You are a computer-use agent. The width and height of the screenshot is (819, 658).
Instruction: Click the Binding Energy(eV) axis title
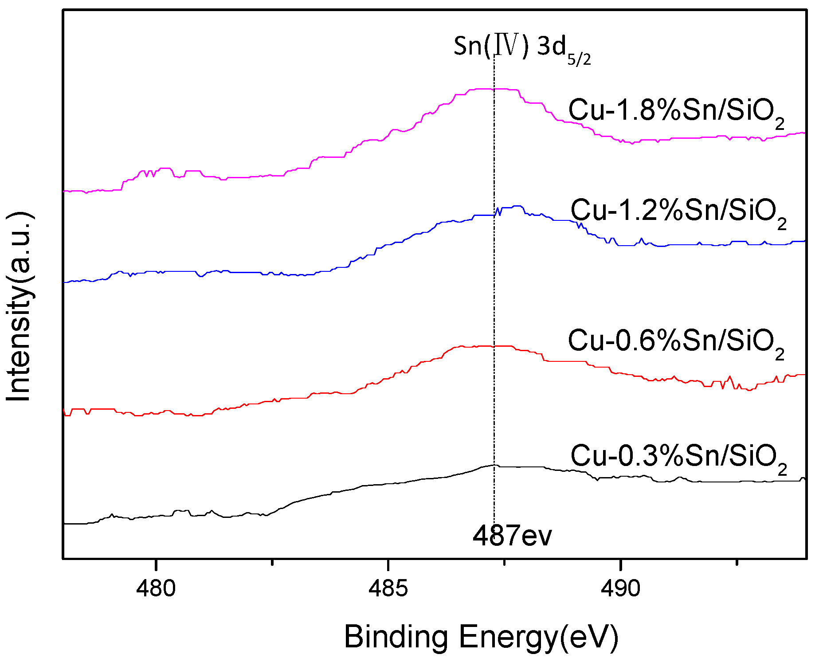click(x=481, y=638)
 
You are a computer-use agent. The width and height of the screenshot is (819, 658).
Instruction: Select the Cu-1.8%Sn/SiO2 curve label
click(x=676, y=111)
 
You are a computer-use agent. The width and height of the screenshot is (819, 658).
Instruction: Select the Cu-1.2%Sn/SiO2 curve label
click(x=678, y=211)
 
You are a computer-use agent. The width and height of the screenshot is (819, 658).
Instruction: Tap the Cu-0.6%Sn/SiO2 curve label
click(x=676, y=341)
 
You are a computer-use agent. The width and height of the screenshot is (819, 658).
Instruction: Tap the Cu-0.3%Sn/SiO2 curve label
click(x=678, y=457)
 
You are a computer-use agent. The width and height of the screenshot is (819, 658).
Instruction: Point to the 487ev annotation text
click(x=512, y=536)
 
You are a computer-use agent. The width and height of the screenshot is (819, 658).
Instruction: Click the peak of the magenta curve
click(x=492, y=89)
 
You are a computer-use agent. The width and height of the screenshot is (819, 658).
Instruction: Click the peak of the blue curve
click(x=517, y=206)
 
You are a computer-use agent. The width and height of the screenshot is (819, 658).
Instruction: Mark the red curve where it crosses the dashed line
click(x=494, y=346)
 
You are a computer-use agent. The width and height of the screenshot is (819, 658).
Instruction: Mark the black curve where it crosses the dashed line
click(x=494, y=465)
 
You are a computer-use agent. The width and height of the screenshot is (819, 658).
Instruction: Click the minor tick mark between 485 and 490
click(x=505, y=562)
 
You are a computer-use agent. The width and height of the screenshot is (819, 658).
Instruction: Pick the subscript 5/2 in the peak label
click(x=579, y=59)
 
